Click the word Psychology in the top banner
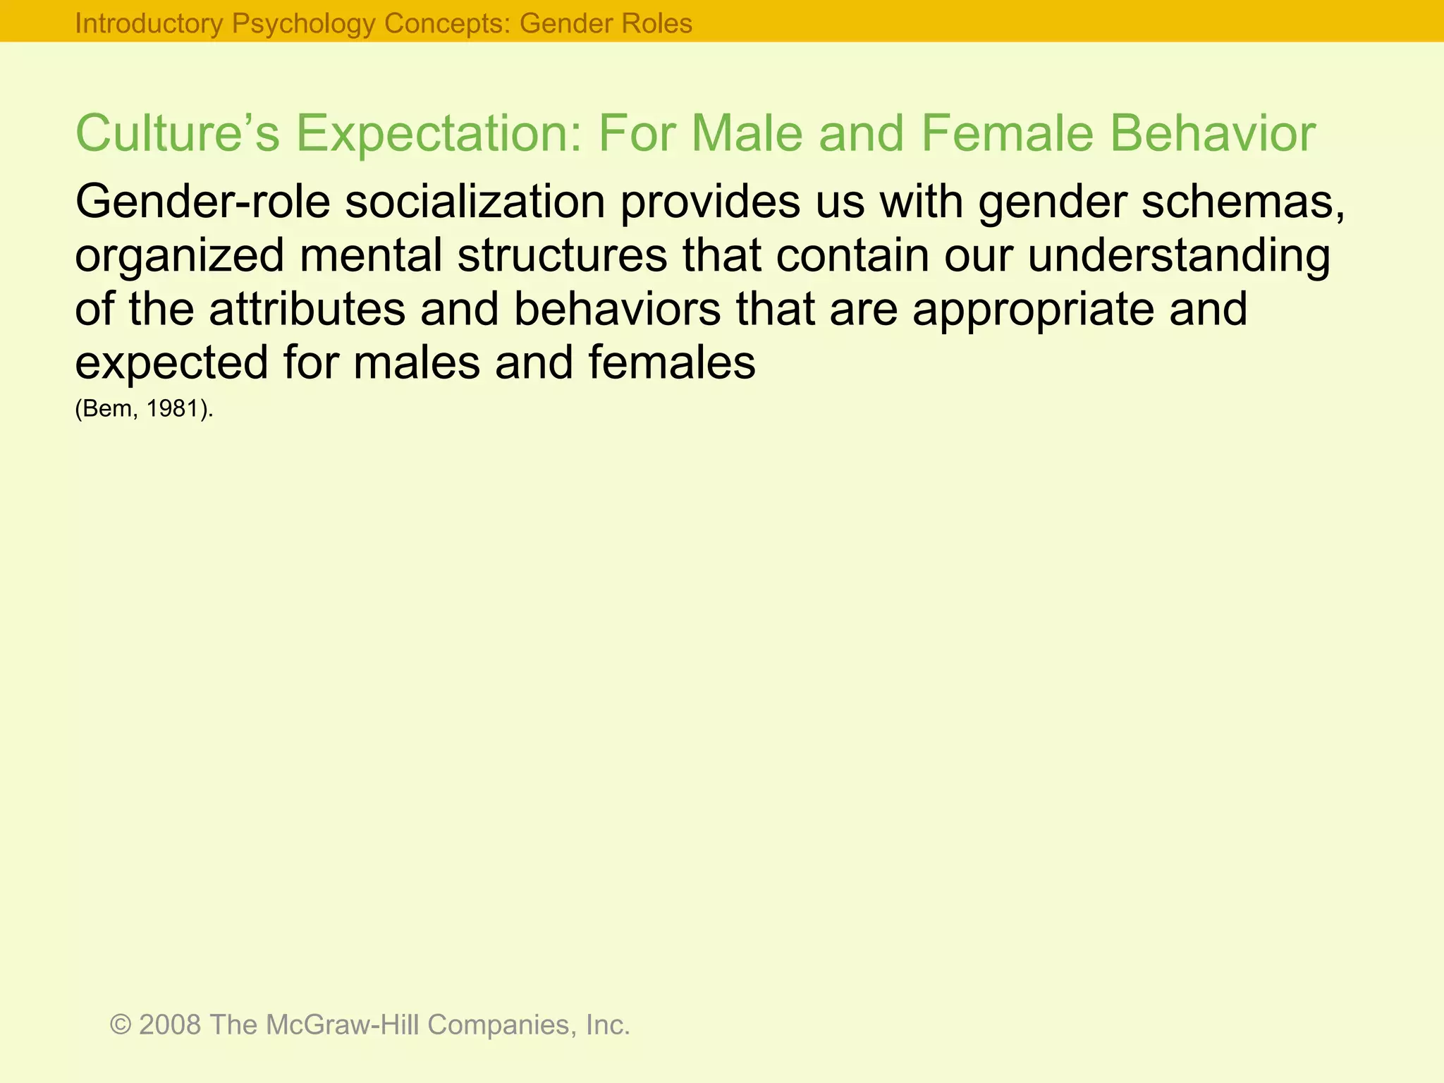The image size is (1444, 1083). (x=304, y=24)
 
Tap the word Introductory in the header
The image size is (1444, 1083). (x=149, y=24)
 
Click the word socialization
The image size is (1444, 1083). (x=475, y=202)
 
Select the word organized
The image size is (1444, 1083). (x=180, y=257)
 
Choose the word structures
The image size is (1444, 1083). (x=562, y=255)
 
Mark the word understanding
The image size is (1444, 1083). (x=1179, y=257)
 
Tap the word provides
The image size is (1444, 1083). (x=710, y=202)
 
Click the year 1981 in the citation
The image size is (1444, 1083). (x=171, y=409)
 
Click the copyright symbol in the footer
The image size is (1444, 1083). (x=121, y=1024)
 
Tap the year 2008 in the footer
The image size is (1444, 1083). (x=170, y=1024)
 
